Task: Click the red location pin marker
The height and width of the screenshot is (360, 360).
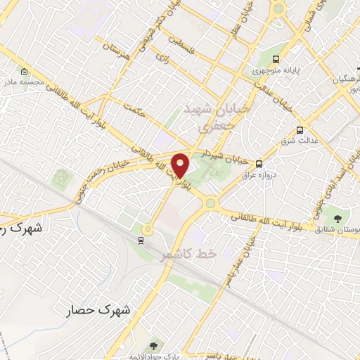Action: click(181, 166)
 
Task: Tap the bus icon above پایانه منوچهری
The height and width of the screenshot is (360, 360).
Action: click(277, 59)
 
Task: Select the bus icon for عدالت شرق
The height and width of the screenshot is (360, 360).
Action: click(301, 130)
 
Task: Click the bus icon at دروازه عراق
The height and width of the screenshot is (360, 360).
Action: click(259, 163)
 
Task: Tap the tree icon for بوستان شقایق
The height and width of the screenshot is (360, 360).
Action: click(340, 217)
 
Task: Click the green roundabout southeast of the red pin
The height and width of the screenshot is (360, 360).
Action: click(210, 204)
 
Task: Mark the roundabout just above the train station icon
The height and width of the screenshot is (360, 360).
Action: click(148, 229)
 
